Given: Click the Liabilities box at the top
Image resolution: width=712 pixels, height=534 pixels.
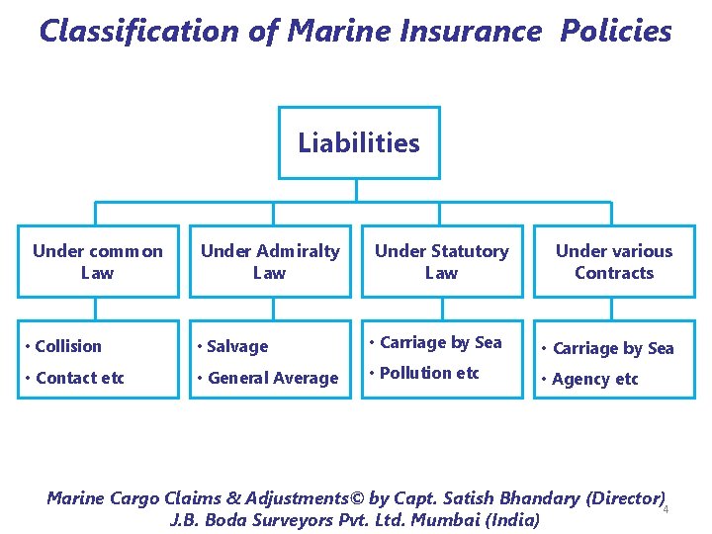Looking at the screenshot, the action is pyautogui.click(x=359, y=143).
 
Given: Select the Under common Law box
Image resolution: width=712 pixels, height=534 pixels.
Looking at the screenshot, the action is pyautogui.click(x=98, y=262).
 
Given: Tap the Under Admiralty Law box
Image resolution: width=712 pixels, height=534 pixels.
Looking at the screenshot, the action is pyautogui.click(x=270, y=262).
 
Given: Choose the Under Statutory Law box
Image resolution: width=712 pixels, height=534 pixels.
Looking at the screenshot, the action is pyautogui.click(x=441, y=262).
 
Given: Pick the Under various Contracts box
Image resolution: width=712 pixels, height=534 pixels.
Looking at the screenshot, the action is pyautogui.click(x=613, y=262).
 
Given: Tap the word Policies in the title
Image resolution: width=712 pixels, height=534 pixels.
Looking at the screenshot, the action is pyautogui.click(x=615, y=32).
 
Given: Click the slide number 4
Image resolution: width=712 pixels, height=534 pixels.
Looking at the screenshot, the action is pyautogui.click(x=667, y=510).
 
